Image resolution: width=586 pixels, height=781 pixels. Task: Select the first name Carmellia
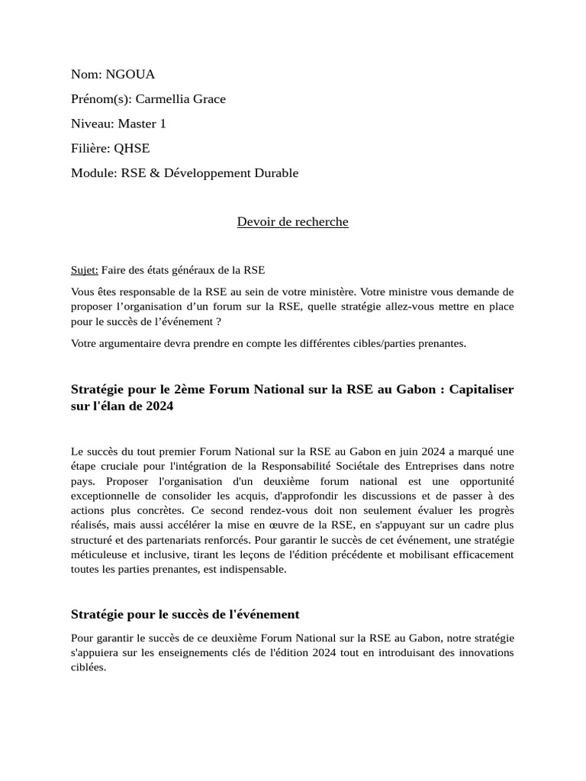(163, 98)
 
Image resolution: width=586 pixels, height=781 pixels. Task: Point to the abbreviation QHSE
(132, 148)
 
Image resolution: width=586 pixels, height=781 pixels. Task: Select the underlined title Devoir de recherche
(292, 222)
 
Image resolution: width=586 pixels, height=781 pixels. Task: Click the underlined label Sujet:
(84, 270)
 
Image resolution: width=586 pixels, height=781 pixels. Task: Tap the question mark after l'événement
(218, 321)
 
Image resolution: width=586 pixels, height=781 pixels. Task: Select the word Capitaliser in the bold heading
(481, 390)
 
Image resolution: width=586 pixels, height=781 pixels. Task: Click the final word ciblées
(88, 667)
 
